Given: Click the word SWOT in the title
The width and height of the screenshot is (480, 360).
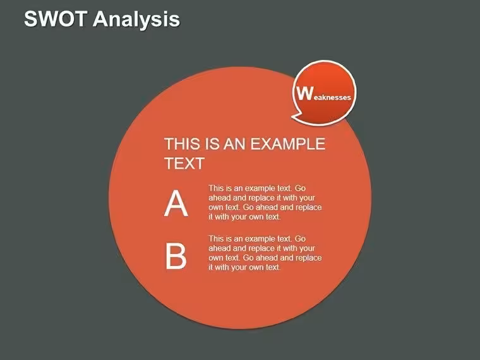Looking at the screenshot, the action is click(x=55, y=19).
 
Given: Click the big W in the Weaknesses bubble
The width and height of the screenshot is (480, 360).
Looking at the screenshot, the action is click(x=305, y=93).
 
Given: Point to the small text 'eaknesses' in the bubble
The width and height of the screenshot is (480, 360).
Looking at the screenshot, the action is click(x=332, y=97).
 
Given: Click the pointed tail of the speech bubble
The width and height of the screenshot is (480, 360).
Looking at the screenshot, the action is click(x=293, y=117).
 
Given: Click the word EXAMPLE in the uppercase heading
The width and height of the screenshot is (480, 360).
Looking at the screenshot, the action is click(x=288, y=144).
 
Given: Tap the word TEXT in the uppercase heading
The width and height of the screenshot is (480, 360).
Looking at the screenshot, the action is click(x=184, y=164).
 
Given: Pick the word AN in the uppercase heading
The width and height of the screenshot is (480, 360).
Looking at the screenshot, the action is click(x=234, y=144).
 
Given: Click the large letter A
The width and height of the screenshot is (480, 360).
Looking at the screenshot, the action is click(x=176, y=203).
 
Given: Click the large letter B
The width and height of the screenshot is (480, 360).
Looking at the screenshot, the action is click(x=176, y=256).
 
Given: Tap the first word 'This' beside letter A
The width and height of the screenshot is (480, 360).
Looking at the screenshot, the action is click(x=216, y=188).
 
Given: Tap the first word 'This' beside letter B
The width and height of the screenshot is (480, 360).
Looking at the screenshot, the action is click(x=216, y=239).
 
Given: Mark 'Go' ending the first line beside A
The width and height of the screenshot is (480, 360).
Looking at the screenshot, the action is click(x=300, y=188).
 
